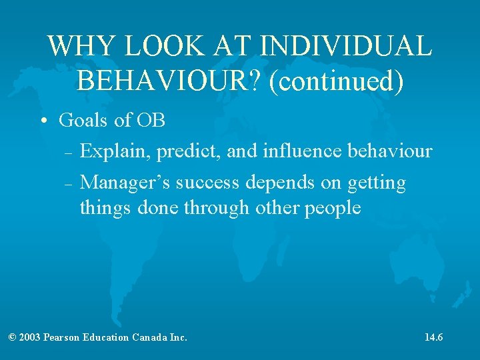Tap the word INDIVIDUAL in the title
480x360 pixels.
(347, 46)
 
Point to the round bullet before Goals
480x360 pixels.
(43, 122)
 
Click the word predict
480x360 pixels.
(189, 151)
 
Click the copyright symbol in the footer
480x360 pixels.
(12, 337)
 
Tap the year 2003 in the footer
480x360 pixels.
(31, 337)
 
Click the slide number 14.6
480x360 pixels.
(433, 337)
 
